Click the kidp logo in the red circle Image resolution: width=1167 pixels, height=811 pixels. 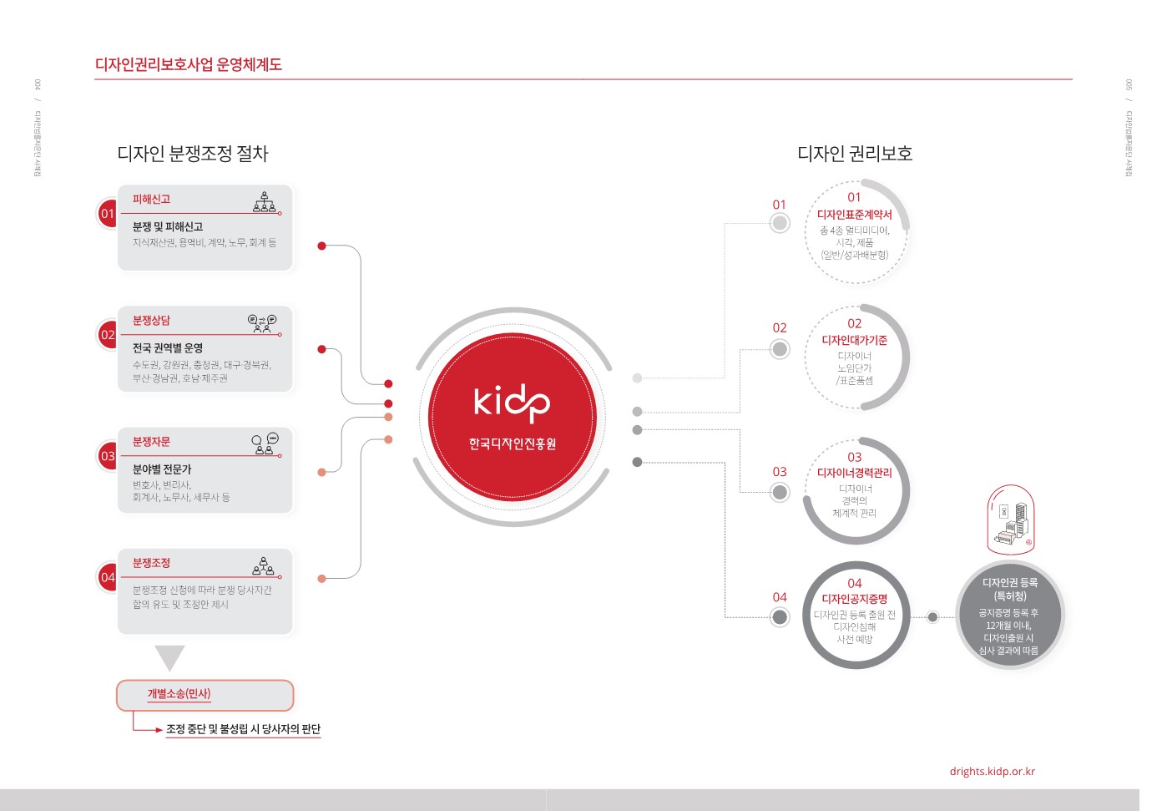pyautogui.click(x=512, y=403)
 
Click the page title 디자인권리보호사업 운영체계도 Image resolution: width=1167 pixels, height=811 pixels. pyautogui.click(x=188, y=64)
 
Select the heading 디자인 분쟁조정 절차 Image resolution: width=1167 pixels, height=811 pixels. pyautogui.click(x=192, y=154)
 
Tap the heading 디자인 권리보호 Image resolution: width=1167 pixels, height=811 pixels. pyautogui.click(x=854, y=154)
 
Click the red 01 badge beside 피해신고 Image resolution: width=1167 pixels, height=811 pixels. pyautogui.click(x=108, y=214)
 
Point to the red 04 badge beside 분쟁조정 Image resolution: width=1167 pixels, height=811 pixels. pyautogui.click(x=108, y=577)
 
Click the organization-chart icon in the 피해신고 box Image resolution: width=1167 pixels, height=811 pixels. pyautogui.click(x=265, y=201)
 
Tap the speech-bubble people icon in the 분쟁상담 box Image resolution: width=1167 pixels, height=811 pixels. pyautogui.click(x=262, y=323)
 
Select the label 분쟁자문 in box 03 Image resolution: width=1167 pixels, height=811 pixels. pyautogui.click(x=151, y=442)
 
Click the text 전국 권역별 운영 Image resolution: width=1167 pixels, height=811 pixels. pyautogui.click(x=168, y=348)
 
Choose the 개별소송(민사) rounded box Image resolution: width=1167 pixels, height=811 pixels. pyautogui.click(x=205, y=694)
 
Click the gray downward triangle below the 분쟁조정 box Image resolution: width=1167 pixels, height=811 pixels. pyautogui.click(x=169, y=657)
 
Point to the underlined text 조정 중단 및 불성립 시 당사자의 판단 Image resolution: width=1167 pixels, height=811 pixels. pyautogui.click(x=243, y=729)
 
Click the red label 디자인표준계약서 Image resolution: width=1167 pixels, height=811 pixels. pyautogui.click(x=854, y=215)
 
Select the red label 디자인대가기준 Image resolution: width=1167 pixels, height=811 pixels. pyautogui.click(x=854, y=341)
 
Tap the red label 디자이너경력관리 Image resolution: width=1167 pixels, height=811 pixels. pyautogui.click(x=854, y=473)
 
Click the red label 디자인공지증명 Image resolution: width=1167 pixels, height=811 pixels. pyautogui.click(x=854, y=599)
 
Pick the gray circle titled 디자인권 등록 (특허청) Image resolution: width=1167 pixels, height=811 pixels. pyautogui.click(x=1009, y=616)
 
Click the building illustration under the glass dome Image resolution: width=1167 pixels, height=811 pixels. pyautogui.click(x=1011, y=522)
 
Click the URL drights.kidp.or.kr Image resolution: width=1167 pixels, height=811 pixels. pyautogui.click(x=992, y=772)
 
